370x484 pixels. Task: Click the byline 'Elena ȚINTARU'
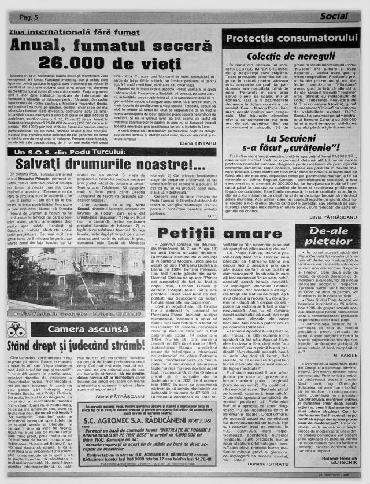click(195, 141)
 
